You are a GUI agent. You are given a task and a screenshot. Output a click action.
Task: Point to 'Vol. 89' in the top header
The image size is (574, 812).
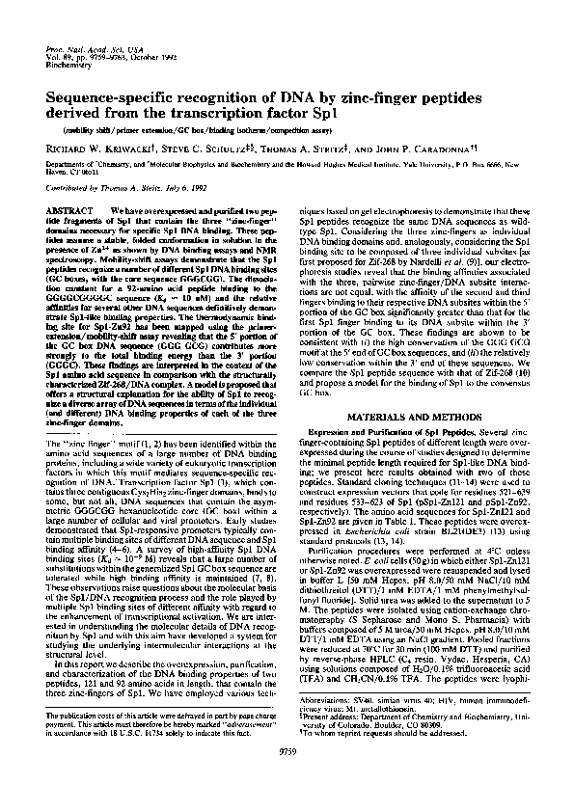[x=60, y=60]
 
